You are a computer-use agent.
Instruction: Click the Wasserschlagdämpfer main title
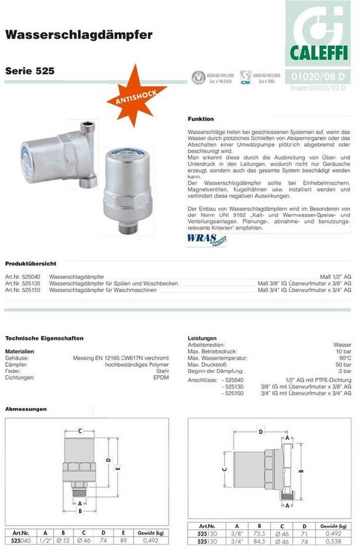(x=79, y=35)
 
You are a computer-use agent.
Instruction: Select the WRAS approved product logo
(x=206, y=239)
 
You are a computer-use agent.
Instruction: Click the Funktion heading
(x=200, y=119)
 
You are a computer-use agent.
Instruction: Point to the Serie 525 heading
(x=30, y=72)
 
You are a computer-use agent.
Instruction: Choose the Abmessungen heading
(x=26, y=409)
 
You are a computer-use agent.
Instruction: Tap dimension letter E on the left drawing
(x=118, y=468)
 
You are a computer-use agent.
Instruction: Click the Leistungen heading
(x=202, y=338)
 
